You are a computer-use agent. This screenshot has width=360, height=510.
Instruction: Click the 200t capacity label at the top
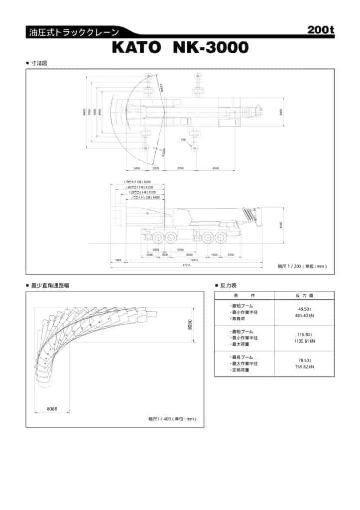pos(320,30)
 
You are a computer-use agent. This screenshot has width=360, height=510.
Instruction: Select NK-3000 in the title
pos(210,48)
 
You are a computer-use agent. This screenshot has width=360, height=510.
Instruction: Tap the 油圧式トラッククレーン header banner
pos(74,33)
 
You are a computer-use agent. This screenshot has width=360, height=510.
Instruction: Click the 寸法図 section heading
pos(39,63)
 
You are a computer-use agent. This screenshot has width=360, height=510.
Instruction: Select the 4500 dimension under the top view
pos(216,169)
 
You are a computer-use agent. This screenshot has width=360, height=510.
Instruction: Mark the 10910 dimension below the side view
pos(194,260)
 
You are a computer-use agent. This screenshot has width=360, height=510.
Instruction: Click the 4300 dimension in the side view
pos(189,255)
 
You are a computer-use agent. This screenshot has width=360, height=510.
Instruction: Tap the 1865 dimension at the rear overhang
pos(118,260)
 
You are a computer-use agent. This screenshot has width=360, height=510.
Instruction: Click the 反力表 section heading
pos(228,285)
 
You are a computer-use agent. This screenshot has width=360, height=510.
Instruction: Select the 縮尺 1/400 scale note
pos(172,419)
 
